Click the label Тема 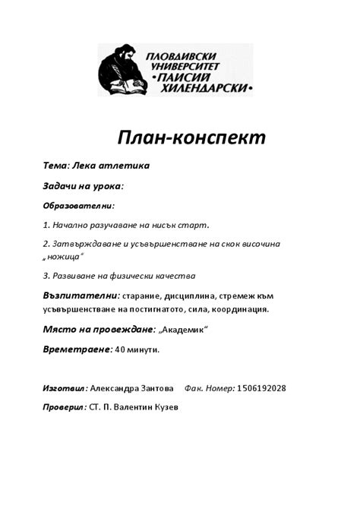[x=55, y=165]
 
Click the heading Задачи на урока [x=83, y=185]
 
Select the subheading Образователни [x=78, y=205]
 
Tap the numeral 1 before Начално [x=46, y=225]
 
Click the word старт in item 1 [x=194, y=225]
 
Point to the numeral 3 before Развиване [x=46, y=276]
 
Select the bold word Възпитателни [x=80, y=296]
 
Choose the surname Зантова [x=156, y=388]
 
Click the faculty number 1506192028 [x=261, y=388]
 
